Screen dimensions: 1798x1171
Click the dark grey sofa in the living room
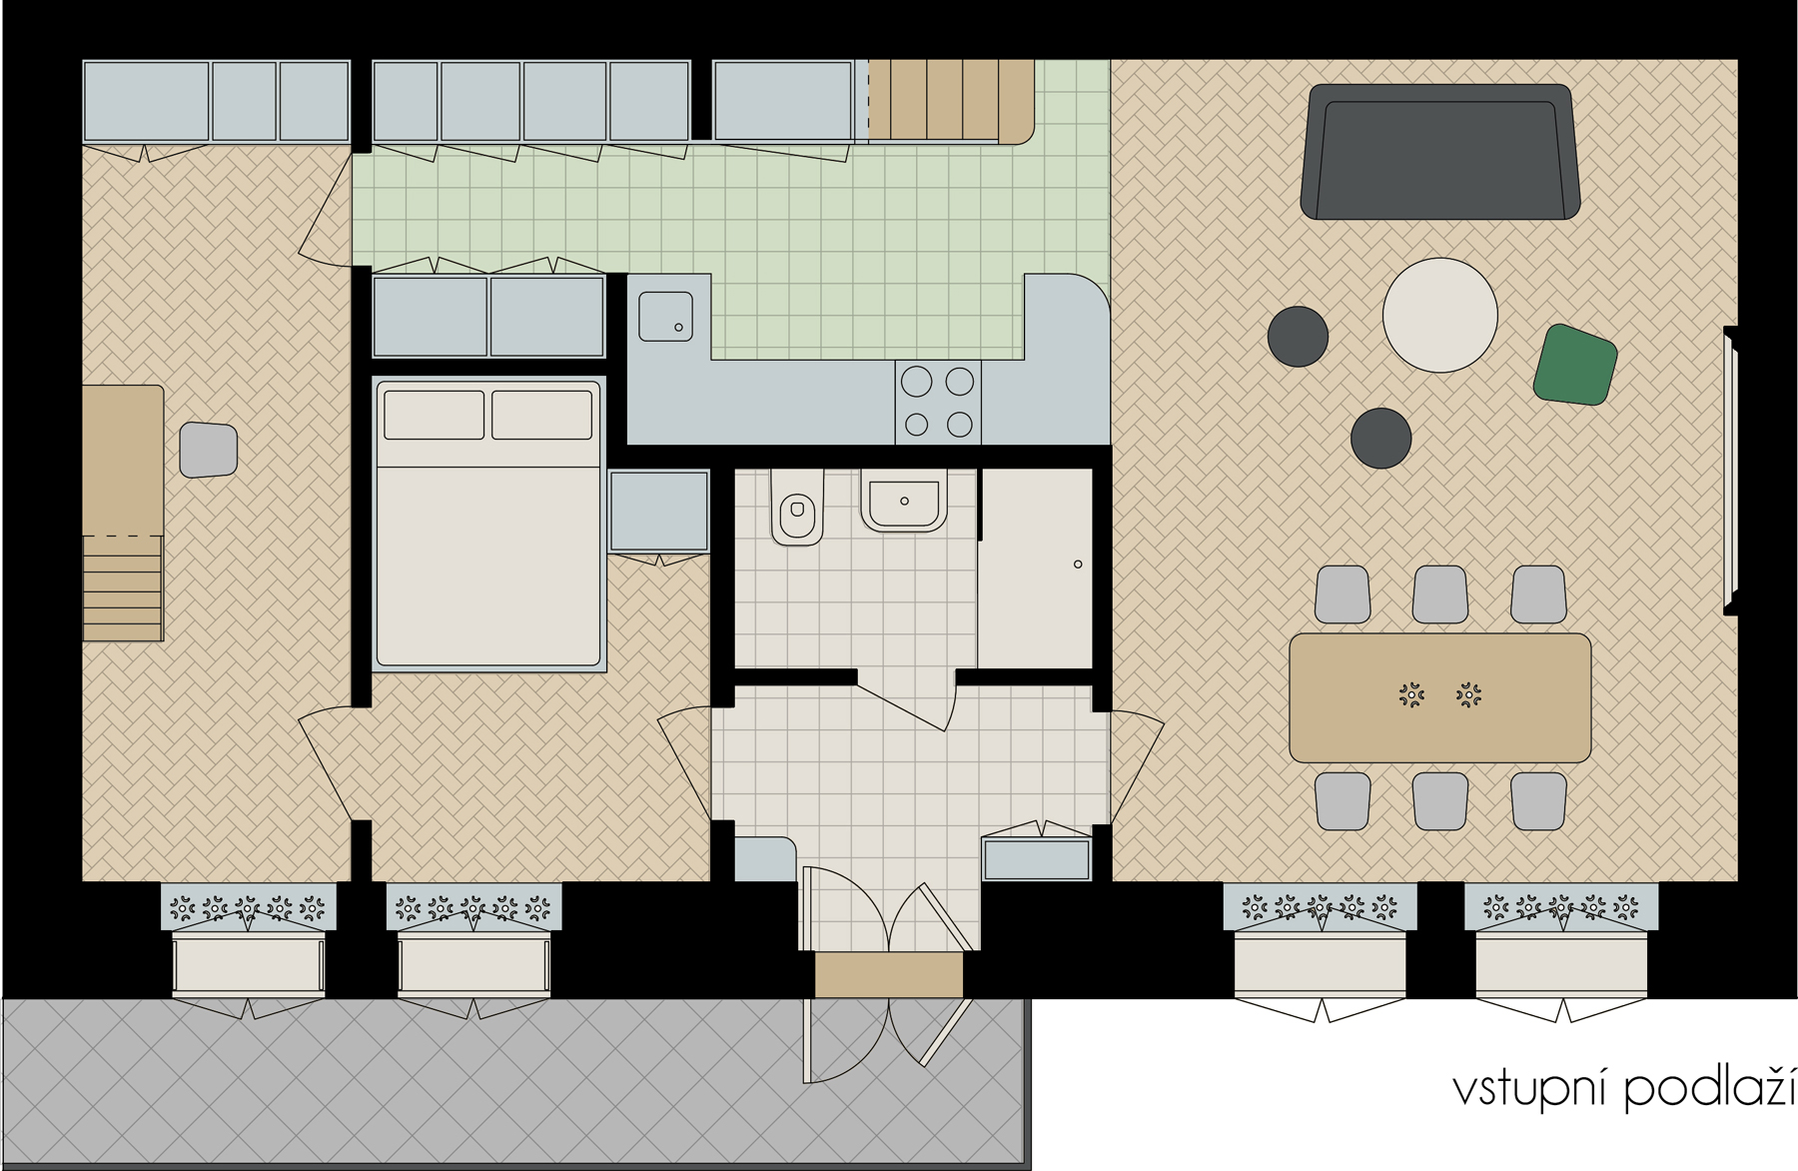pyautogui.click(x=1439, y=152)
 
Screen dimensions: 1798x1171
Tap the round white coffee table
pyautogui.click(x=1439, y=315)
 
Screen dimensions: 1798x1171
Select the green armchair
pyautogui.click(x=1575, y=365)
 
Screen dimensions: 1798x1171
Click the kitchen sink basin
pyautogui.click(x=665, y=316)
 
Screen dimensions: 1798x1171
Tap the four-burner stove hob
pyautogui.click(x=938, y=403)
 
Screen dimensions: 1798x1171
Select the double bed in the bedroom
pyautogui.click(x=488, y=523)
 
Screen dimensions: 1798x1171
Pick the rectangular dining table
pyautogui.click(x=1439, y=697)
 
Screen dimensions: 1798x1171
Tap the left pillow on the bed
pyautogui.click(x=434, y=414)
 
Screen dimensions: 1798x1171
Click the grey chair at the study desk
pyautogui.click(x=208, y=450)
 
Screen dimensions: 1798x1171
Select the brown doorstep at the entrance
pyautogui.click(x=889, y=974)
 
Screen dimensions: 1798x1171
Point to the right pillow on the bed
pyautogui.click(x=542, y=414)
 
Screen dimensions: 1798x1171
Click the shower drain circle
pyautogui.click(x=1078, y=565)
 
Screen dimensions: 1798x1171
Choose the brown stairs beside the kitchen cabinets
pyautogui.click(x=950, y=101)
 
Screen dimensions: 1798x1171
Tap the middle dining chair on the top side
pyautogui.click(x=1439, y=594)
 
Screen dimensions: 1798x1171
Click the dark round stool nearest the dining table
pyautogui.click(x=1380, y=438)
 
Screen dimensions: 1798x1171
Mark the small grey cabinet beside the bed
pyautogui.click(x=658, y=511)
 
